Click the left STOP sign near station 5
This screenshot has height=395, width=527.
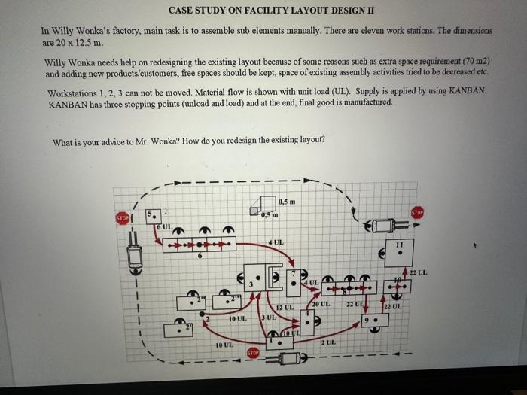[x=122, y=219]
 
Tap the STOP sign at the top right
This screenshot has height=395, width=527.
[x=417, y=213]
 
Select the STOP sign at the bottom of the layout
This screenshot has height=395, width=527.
[x=253, y=352]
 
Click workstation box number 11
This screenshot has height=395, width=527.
[x=398, y=254]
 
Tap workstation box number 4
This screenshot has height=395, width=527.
[x=308, y=321]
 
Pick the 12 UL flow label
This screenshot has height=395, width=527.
[x=284, y=308]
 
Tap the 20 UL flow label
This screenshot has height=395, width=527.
[x=321, y=302]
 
